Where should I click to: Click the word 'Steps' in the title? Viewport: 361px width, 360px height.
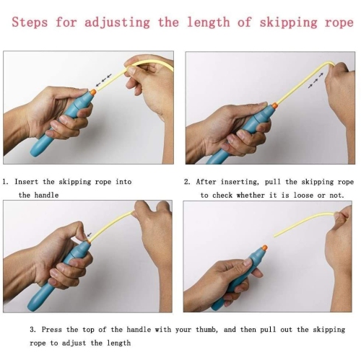coord(30,22)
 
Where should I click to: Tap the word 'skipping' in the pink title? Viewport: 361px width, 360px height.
coord(288,23)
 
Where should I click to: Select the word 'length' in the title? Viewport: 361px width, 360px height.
coord(209,22)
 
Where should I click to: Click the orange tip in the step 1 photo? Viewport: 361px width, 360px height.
coord(93,92)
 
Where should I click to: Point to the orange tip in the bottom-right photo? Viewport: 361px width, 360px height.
coord(264,248)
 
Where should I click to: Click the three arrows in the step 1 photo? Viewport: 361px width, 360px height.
coord(103,80)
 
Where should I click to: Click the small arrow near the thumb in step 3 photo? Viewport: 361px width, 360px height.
coord(90,234)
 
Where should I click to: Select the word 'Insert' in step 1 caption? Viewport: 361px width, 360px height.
coord(27,182)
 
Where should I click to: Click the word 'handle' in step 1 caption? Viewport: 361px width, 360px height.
coord(46,195)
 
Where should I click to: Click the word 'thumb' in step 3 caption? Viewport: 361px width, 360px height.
coord(206,330)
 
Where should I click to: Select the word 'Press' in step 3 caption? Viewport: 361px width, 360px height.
coord(51,330)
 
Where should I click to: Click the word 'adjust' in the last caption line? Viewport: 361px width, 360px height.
coord(74,343)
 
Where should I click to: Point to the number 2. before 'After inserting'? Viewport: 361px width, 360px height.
coord(187,182)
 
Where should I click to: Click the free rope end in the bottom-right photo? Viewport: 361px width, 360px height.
coord(275,236)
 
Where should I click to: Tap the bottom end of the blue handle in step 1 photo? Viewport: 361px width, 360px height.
coord(33,153)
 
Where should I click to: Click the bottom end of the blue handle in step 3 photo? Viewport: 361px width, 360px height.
coord(31,307)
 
